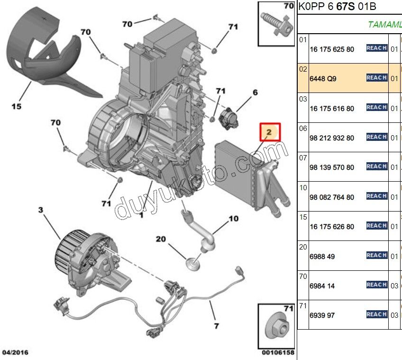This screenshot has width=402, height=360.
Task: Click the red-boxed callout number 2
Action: (x=270, y=132)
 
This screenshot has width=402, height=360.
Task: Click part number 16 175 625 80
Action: (x=331, y=49)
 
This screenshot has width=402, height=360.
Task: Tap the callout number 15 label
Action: (x=17, y=107)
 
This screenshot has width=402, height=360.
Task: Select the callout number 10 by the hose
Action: (x=233, y=219)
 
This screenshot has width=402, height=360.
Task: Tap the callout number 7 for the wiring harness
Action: (x=216, y=326)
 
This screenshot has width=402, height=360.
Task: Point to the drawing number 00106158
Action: (x=277, y=353)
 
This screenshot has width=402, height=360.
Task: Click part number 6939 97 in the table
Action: (x=322, y=315)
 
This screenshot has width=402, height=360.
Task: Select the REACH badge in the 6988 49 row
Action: (x=377, y=256)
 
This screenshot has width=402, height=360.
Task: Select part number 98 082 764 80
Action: (x=331, y=197)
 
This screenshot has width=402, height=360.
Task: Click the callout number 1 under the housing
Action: (x=141, y=215)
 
